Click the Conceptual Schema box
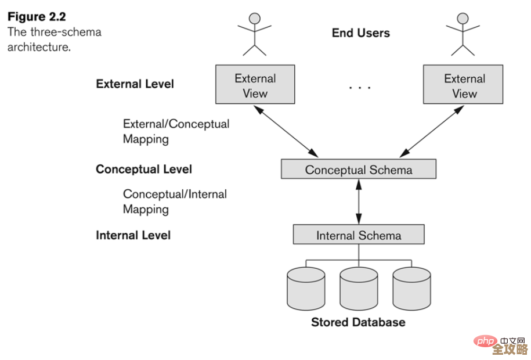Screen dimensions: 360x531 click(358, 170)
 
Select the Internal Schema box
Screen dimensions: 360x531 click(358, 235)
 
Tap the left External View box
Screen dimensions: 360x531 click(255, 85)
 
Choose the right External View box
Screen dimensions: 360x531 click(463, 85)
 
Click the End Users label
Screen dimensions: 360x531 click(360, 33)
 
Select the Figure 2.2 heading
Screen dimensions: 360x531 click(37, 16)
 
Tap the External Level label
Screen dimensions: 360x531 click(135, 84)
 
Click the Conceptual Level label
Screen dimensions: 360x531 click(143, 170)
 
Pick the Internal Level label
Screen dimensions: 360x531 click(133, 235)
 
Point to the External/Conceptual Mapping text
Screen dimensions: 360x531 click(176, 131)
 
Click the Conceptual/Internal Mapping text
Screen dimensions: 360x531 click(175, 201)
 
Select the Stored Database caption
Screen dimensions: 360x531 click(358, 322)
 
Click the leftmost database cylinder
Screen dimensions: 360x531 click(306, 289)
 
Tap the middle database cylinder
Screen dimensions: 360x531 click(359, 289)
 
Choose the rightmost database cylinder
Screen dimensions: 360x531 click(411, 289)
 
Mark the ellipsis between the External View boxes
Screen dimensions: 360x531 click(359, 88)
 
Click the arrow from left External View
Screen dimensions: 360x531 click(288, 131)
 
